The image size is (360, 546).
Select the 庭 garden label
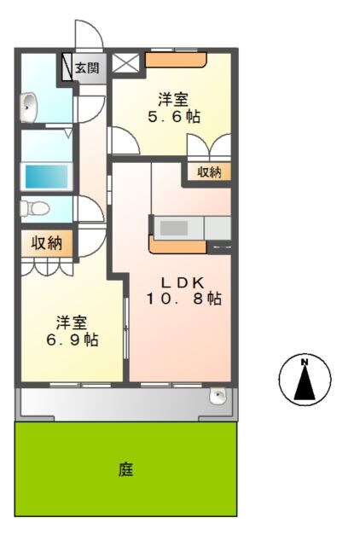point(125,468)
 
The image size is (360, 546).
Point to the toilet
point(33,207)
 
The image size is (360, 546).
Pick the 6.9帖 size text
point(71,340)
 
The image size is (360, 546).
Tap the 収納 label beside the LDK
point(209,172)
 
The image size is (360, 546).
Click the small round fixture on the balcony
point(218,397)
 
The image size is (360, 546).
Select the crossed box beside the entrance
point(126,63)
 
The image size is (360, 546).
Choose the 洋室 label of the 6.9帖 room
point(71,322)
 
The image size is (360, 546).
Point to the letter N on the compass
point(305,362)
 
